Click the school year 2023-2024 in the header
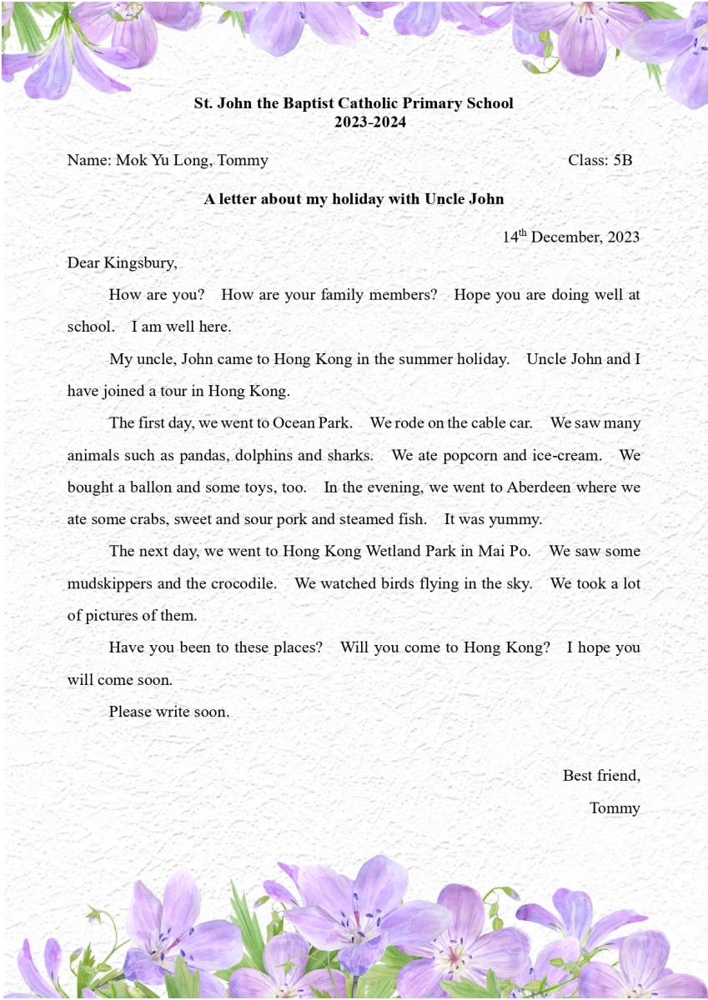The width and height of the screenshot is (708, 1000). [x=354, y=122]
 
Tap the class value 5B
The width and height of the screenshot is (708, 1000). [x=623, y=160]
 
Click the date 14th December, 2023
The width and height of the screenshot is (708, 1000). [x=570, y=237]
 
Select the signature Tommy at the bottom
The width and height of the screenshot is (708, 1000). [x=615, y=808]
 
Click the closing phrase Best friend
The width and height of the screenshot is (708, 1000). [x=601, y=776]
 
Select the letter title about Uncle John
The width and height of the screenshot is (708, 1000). [x=354, y=199]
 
